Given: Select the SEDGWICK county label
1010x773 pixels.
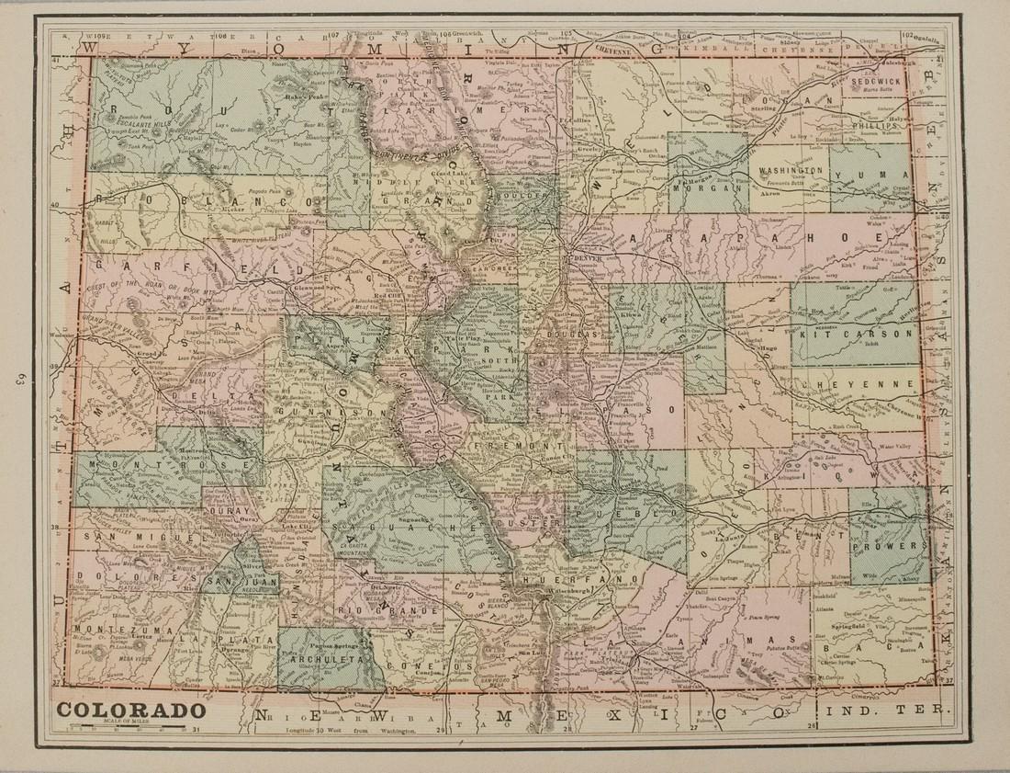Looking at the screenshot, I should [x=878, y=81].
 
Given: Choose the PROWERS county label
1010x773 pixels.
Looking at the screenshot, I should [x=890, y=546].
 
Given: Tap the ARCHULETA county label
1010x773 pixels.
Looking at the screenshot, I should [x=324, y=659].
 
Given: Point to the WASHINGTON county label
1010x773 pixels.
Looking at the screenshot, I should [x=790, y=171].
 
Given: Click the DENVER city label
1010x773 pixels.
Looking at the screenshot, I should [x=586, y=259].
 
